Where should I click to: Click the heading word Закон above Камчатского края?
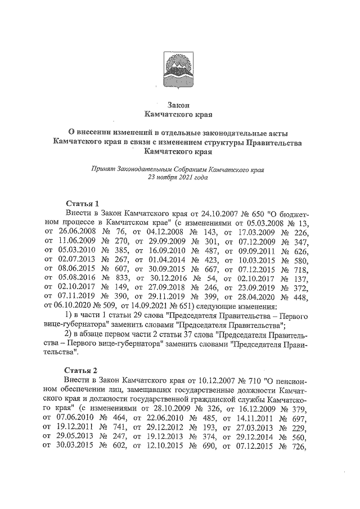pyautogui.click(x=180, y=105)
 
